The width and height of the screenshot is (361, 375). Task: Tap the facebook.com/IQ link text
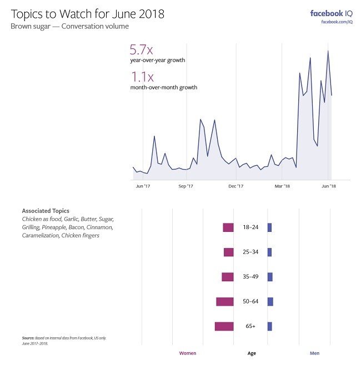click(x=337, y=22)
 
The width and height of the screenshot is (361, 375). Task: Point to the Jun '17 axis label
click(x=143, y=186)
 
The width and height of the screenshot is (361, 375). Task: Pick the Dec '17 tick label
click(x=236, y=186)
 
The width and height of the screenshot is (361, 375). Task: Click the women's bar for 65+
click(x=224, y=326)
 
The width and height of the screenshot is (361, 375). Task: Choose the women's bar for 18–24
click(x=228, y=227)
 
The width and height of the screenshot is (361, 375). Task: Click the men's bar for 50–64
click(x=270, y=301)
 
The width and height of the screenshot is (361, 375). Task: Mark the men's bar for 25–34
click(x=269, y=252)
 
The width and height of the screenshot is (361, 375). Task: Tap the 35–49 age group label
click(x=250, y=277)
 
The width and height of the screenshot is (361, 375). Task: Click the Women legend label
click(x=187, y=353)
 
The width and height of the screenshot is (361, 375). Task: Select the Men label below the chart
click(x=314, y=353)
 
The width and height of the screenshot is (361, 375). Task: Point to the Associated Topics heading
click(x=46, y=211)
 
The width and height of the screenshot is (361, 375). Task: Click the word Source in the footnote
click(x=28, y=338)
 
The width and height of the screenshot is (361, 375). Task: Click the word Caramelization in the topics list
click(x=41, y=236)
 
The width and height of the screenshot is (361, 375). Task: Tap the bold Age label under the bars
click(x=251, y=353)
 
